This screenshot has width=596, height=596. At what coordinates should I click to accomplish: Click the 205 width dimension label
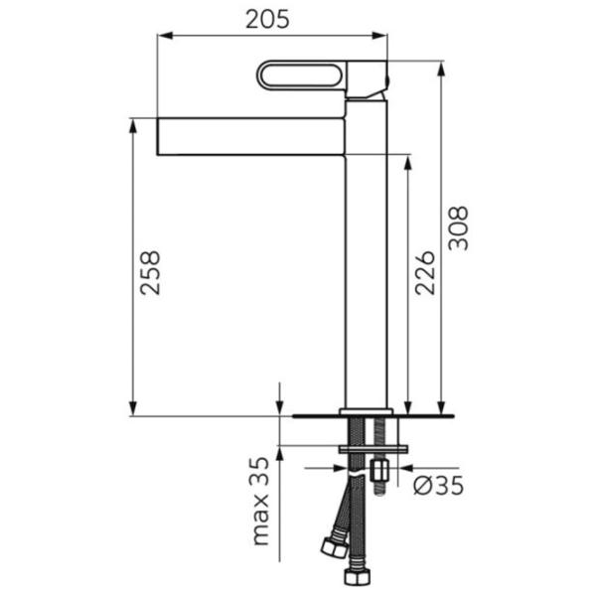pyautogui.click(x=267, y=19)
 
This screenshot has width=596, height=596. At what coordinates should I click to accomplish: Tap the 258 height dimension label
pyautogui.click(x=150, y=272)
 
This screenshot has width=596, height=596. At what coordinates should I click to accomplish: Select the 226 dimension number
pyautogui.click(x=424, y=272)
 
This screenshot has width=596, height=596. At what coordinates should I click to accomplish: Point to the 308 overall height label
pyautogui.click(x=458, y=228)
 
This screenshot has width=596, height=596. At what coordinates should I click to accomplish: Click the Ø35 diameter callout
pyautogui.click(x=439, y=486)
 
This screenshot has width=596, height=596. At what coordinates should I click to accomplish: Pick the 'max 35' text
pyautogui.click(x=260, y=501)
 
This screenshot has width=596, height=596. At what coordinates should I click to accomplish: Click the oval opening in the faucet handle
pyautogui.click(x=302, y=74)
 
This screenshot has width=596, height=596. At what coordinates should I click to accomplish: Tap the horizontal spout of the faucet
pyautogui.click(x=251, y=136)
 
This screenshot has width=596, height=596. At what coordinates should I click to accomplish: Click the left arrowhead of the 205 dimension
pyautogui.click(x=165, y=36)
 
